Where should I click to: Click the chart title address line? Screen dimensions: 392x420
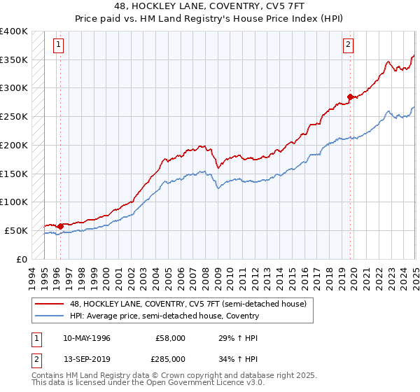[210, 6]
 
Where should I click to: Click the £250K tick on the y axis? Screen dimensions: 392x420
[14, 116]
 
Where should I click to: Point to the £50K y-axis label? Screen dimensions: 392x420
[16, 230]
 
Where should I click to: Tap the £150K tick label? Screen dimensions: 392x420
[14, 173]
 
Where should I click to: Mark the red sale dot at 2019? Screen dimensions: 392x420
[349, 97]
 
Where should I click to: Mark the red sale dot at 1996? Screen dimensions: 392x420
[60, 226]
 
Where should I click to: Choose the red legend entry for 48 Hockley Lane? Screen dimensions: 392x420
[188, 304]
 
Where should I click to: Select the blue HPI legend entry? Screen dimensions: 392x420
[164, 316]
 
